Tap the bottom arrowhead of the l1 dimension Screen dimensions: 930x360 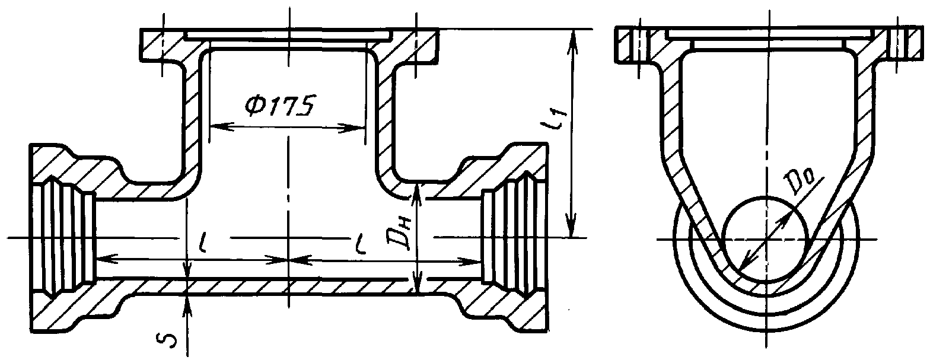[x=572, y=231]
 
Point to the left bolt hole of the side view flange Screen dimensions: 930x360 [x=640, y=44]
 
